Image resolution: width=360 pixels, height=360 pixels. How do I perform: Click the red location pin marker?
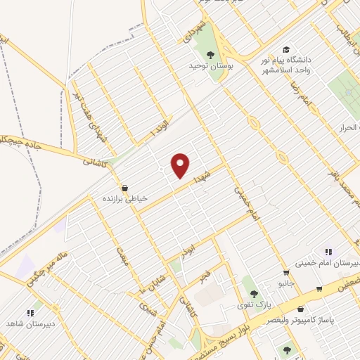pyautogui.click(x=181, y=165)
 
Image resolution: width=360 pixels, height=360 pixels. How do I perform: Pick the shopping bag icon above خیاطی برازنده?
pyautogui.click(x=124, y=188)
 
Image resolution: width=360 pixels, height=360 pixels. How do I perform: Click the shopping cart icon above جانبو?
pyautogui.click(x=285, y=273)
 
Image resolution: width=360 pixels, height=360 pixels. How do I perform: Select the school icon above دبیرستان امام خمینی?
pyautogui.click(x=327, y=251)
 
